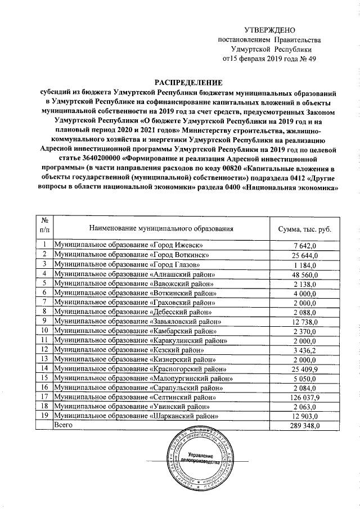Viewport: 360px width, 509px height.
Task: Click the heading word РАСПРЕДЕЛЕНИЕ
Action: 185,82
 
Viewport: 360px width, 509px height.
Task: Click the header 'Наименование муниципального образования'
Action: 161,228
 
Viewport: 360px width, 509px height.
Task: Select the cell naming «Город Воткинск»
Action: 132,255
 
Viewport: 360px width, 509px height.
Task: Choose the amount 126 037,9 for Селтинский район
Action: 304,397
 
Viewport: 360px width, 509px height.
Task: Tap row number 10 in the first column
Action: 44,330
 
